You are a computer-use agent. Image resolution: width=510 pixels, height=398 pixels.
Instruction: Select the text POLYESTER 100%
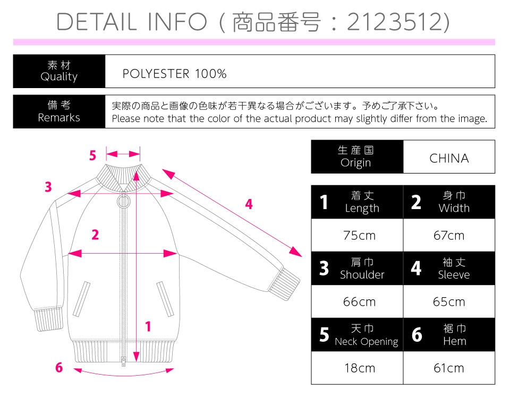click(x=174, y=74)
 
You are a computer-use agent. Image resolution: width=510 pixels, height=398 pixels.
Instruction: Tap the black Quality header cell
click(x=59, y=71)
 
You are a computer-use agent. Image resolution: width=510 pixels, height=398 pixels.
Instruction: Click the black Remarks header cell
click(x=59, y=111)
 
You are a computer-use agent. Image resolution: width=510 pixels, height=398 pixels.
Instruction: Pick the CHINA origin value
click(x=449, y=158)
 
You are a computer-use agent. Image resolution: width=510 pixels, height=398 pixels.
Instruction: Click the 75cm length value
click(x=359, y=235)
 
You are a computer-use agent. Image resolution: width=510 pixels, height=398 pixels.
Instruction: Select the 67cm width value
click(x=449, y=235)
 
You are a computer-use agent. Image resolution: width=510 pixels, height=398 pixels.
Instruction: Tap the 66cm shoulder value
click(x=359, y=302)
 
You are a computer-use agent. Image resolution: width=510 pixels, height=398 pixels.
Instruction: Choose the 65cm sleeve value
click(x=449, y=302)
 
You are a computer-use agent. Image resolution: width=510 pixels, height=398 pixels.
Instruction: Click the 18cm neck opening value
click(x=360, y=368)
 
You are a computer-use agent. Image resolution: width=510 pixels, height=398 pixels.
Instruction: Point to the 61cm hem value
click(x=449, y=368)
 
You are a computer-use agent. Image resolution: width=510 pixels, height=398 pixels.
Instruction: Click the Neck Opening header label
click(x=367, y=341)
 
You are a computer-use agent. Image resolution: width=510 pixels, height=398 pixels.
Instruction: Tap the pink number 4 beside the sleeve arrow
click(x=249, y=204)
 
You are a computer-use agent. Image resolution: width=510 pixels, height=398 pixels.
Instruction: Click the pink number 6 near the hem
click(x=59, y=367)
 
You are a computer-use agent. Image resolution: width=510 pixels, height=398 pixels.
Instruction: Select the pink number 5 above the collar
click(x=92, y=155)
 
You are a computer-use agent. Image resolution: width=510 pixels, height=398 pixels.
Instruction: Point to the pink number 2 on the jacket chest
click(x=95, y=235)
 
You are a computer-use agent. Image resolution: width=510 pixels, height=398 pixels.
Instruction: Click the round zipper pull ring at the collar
click(x=123, y=202)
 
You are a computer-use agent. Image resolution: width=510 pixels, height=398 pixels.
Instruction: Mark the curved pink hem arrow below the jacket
click(x=124, y=375)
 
